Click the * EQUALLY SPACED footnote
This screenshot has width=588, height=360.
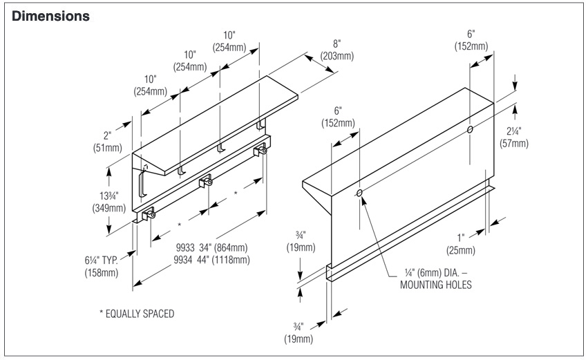tap(136, 314)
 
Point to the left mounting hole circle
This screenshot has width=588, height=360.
tap(359, 193)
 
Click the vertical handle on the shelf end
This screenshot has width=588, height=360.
tap(141, 183)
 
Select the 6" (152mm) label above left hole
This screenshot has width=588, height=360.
tap(338, 117)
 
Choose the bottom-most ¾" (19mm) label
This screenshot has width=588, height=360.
tap(299, 334)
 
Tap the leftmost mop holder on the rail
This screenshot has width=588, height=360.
tap(148, 216)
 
